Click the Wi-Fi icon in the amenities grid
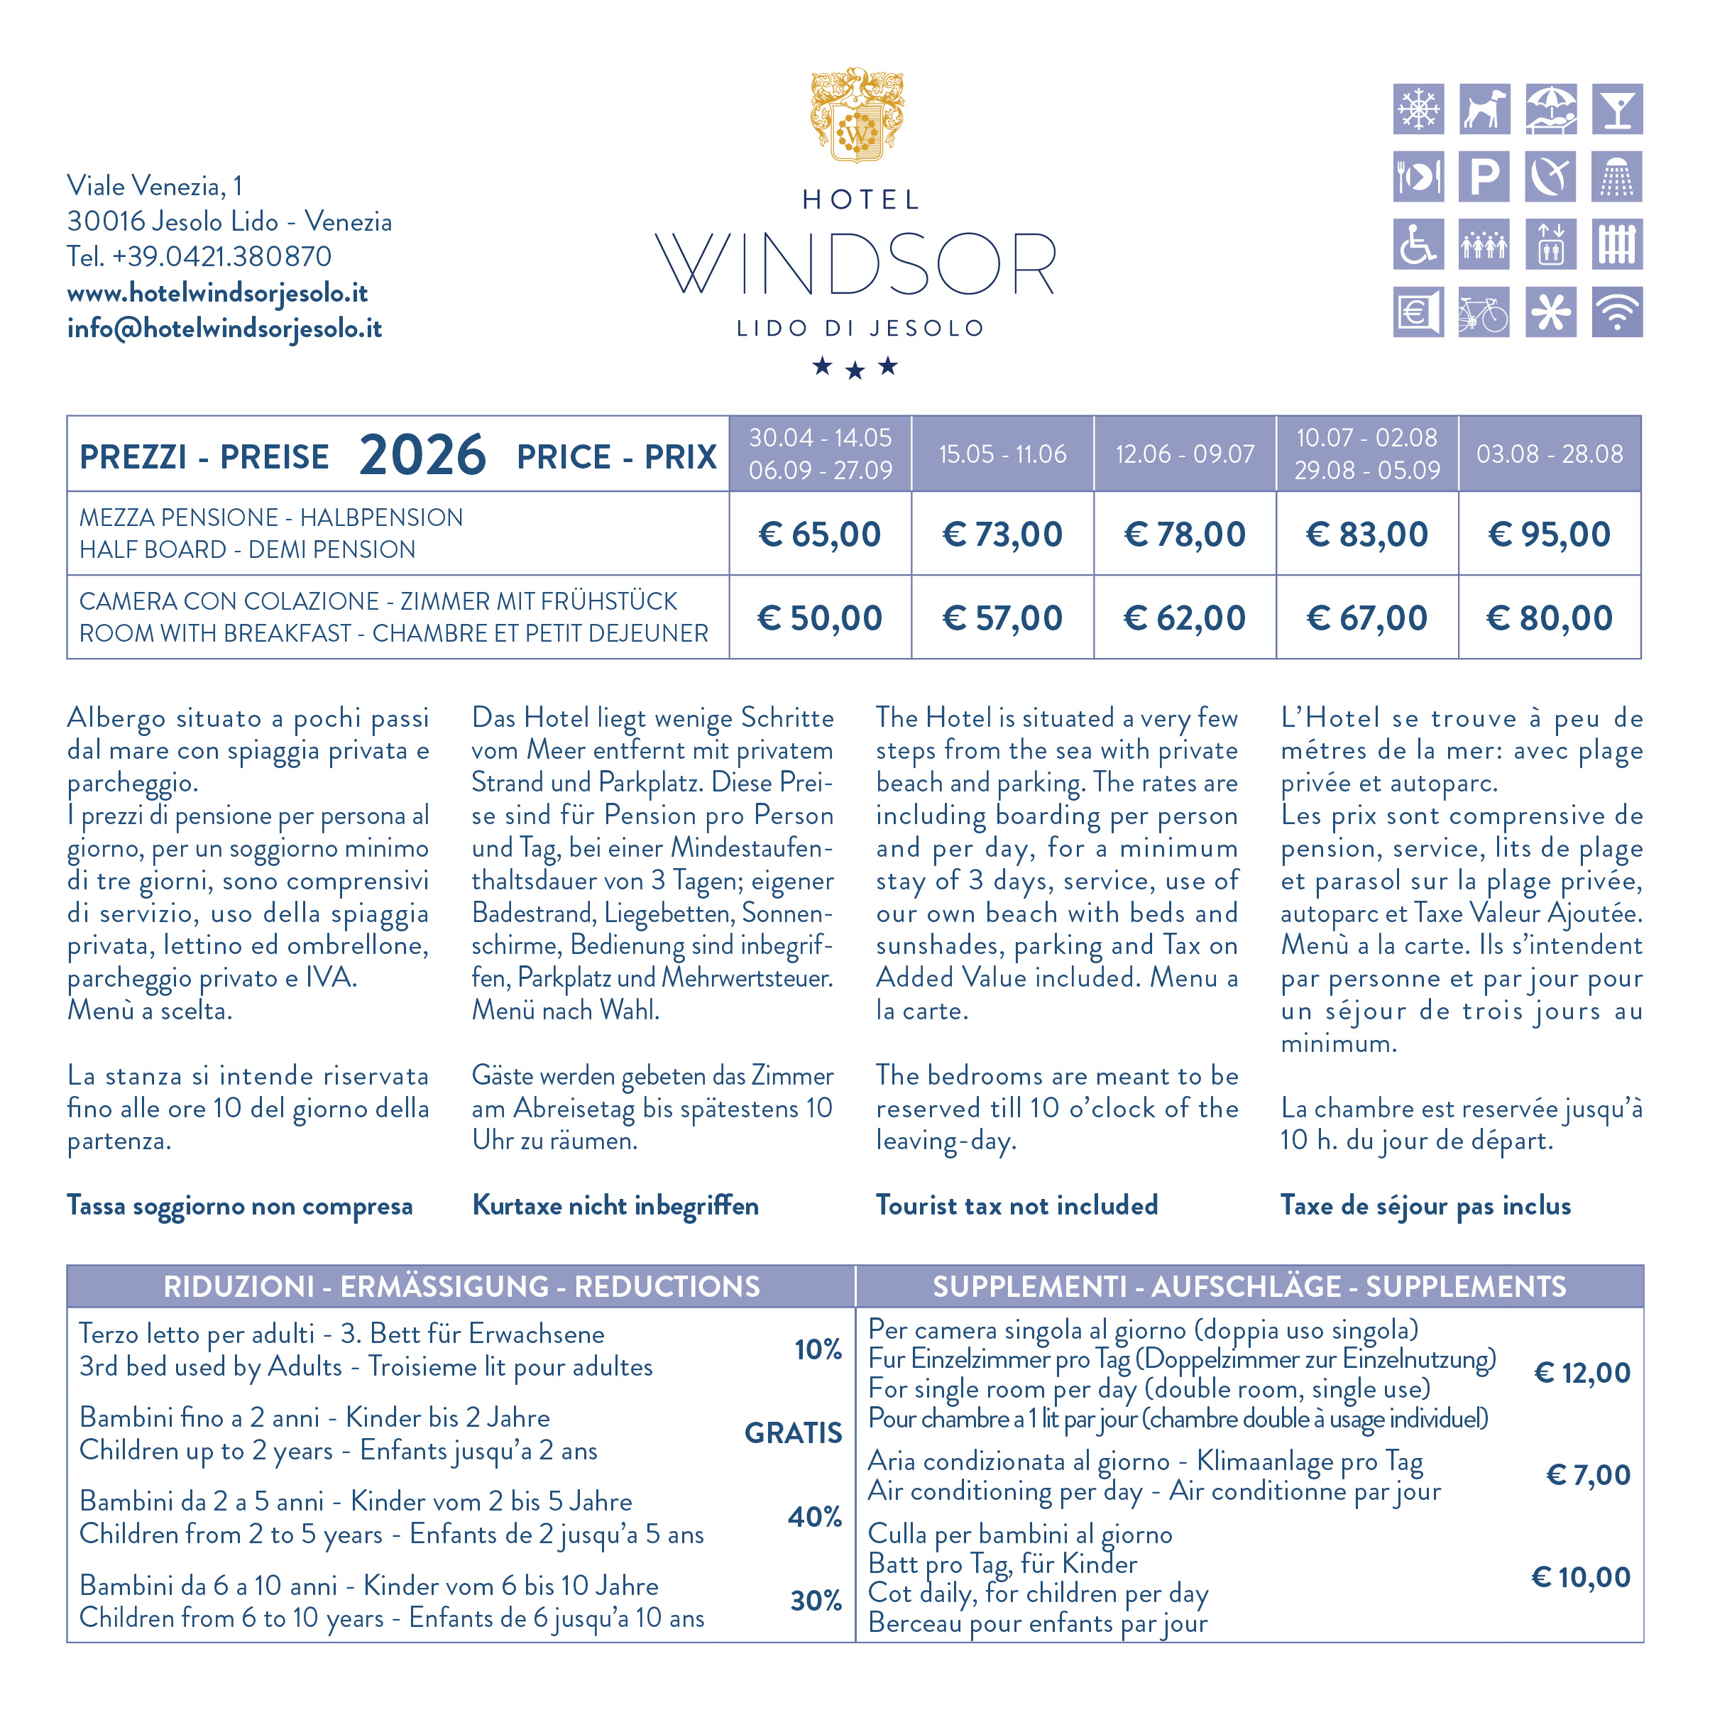(1616, 312)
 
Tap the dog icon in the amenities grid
(1484, 109)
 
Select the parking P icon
(1484, 176)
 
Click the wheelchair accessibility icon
(1418, 243)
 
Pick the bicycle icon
(1484, 312)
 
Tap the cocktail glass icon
(1616, 109)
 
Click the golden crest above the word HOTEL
(857, 115)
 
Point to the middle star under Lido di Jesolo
(855, 371)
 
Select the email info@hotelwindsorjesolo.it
(225, 329)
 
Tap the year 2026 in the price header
(422, 455)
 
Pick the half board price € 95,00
(1549, 534)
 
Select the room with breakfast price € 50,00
(820, 618)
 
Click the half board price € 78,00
(1184, 534)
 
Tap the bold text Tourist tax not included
(1016, 1205)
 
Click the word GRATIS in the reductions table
(793, 1432)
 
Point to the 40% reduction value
(814, 1516)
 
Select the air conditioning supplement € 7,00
(1588, 1474)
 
